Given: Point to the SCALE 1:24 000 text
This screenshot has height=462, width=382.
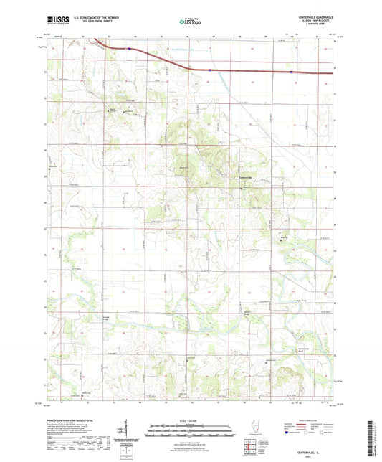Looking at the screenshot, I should tap(191, 420).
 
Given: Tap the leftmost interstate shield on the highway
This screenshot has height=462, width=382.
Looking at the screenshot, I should tap(129, 49).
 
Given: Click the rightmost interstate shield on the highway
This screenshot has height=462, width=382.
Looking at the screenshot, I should tap(290, 72).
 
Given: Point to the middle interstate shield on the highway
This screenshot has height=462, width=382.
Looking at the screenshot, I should tap(209, 70).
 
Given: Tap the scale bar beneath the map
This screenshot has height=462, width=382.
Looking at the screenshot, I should tap(191, 428).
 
